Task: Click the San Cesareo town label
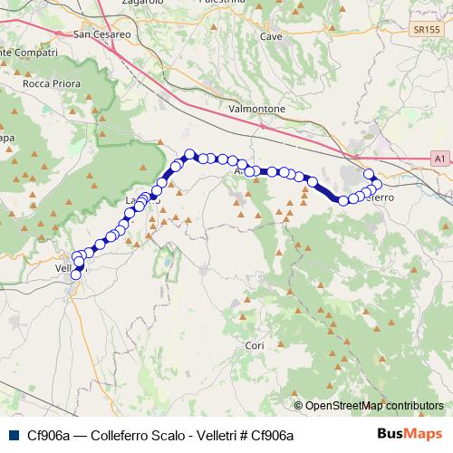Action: [x=102, y=35]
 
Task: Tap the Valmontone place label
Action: [x=257, y=109]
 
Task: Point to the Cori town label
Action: [x=255, y=346]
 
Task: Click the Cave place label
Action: [x=271, y=36]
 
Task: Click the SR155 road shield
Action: [x=418, y=30]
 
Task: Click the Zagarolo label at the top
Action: [x=140, y=3]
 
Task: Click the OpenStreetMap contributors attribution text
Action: [x=374, y=405]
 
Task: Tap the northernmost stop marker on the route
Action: [x=190, y=154]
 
